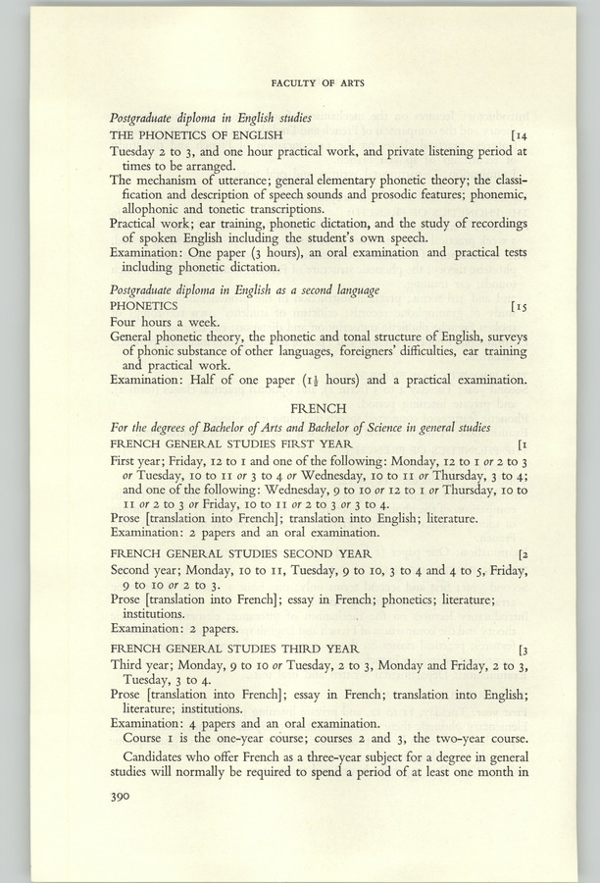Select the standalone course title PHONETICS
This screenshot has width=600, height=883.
(x=144, y=306)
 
